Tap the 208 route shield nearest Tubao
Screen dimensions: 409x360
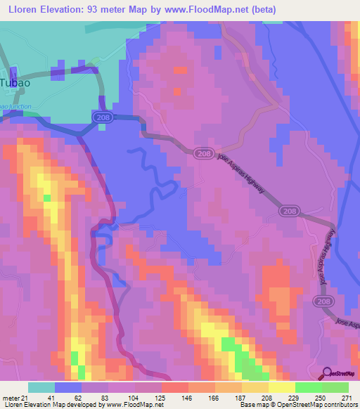103,119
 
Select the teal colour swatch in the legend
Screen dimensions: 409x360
41,387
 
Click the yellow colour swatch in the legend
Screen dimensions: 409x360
282,387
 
